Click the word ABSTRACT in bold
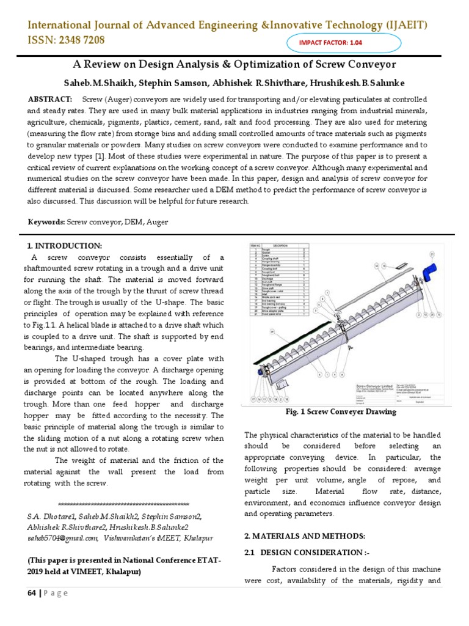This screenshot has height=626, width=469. (x=49, y=99)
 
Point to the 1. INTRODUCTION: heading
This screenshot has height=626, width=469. (x=64, y=246)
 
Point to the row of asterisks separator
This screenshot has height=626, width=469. (x=123, y=504)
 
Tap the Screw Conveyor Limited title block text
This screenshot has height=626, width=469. (x=374, y=386)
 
